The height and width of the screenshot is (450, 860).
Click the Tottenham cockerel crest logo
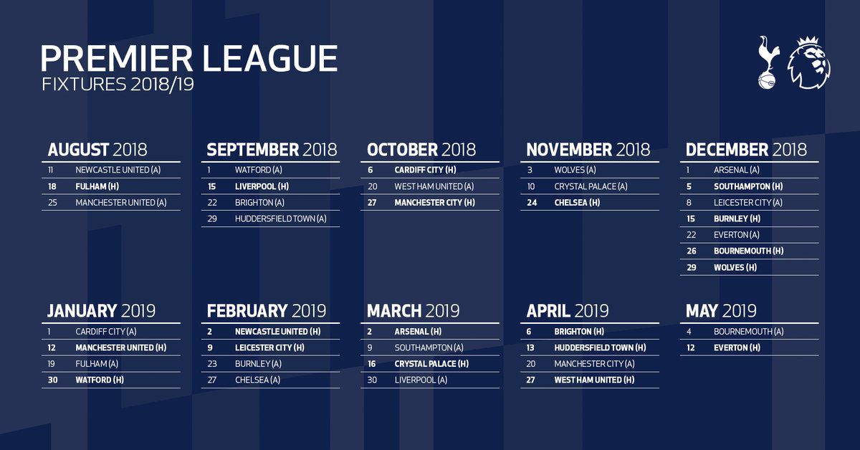(768, 62)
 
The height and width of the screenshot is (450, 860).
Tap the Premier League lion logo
(808, 62)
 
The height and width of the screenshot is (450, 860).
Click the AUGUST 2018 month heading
(97, 150)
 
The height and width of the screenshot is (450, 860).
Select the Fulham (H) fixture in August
(97, 186)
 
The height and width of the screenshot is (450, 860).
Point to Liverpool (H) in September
(262, 186)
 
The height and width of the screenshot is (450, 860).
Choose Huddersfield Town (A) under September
(281, 219)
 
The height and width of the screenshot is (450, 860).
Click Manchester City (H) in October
(434, 203)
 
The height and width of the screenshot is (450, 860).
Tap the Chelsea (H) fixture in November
(577, 203)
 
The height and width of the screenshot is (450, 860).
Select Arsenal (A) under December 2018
(737, 170)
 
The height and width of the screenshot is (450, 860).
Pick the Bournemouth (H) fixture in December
(749, 251)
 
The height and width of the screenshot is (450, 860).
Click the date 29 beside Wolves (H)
(692, 267)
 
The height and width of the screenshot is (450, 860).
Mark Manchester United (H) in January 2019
(121, 348)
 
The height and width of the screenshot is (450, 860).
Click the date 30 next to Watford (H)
(52, 380)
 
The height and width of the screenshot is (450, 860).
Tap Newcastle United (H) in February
(278, 332)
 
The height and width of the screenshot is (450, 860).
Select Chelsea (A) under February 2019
(257, 380)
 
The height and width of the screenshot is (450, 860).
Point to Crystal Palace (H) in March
(431, 364)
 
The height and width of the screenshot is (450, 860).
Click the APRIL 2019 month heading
(568, 311)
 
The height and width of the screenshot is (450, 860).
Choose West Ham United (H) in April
(594, 380)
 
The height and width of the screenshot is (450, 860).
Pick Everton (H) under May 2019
(737, 348)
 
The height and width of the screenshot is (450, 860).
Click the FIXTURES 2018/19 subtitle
(118, 85)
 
